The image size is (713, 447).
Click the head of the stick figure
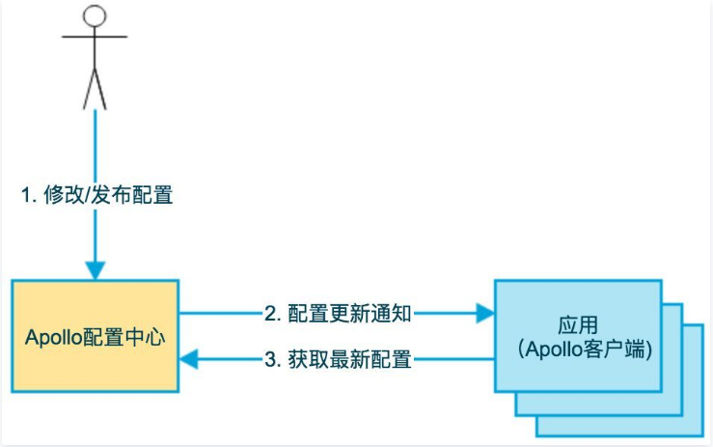point(94,16)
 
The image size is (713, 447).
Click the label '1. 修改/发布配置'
point(96,194)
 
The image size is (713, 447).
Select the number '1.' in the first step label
point(28,194)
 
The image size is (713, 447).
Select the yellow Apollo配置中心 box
point(95,336)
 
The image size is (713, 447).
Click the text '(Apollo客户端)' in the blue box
point(577,350)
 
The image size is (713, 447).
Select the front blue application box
point(577,335)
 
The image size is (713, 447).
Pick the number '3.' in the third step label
point(271,360)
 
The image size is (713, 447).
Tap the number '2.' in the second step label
point(271,313)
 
